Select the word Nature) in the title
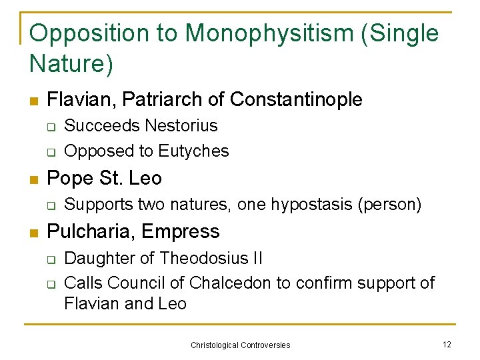pos(72,63)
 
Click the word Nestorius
pos(181,126)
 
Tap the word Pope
pos(69,179)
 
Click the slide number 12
pos(447,344)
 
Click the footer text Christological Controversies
pos(241,345)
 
